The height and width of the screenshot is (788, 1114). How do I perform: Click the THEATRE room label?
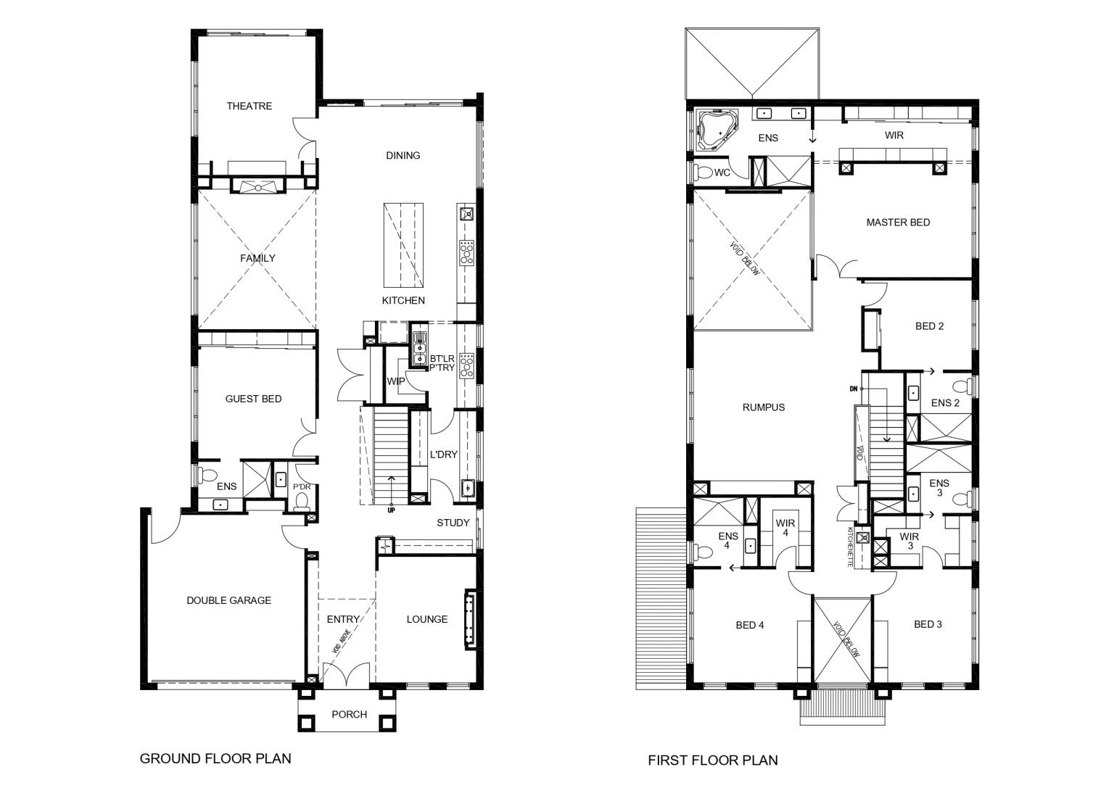point(249,106)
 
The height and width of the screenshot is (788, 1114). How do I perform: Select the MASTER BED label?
point(898,223)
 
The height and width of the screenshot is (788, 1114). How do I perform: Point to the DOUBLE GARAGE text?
point(228,600)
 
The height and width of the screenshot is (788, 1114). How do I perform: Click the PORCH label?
point(349,714)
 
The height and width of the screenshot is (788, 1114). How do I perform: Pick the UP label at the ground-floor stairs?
point(391,510)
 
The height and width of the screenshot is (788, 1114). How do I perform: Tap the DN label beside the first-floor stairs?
point(854,389)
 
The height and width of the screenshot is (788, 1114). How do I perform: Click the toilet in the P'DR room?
point(302,504)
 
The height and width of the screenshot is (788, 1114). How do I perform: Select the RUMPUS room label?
point(764,407)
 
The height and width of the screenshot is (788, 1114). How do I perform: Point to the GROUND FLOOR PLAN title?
point(215,758)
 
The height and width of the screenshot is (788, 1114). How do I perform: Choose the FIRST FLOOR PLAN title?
point(713,760)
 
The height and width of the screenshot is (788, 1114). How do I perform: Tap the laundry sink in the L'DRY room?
point(468,488)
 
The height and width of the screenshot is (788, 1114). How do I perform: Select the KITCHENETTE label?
point(850,547)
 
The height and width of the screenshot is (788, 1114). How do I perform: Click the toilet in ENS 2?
point(963,386)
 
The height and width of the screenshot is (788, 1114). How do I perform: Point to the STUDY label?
point(453,523)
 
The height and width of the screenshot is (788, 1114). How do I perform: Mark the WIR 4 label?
point(785,528)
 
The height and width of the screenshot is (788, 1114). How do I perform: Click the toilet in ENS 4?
point(703,552)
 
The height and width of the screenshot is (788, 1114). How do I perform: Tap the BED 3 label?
point(928,624)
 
